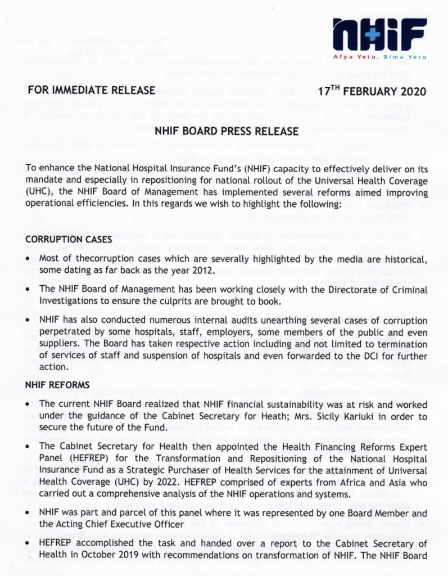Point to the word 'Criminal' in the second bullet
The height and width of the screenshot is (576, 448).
(x=408, y=290)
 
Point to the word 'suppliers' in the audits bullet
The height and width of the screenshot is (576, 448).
(x=60, y=343)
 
